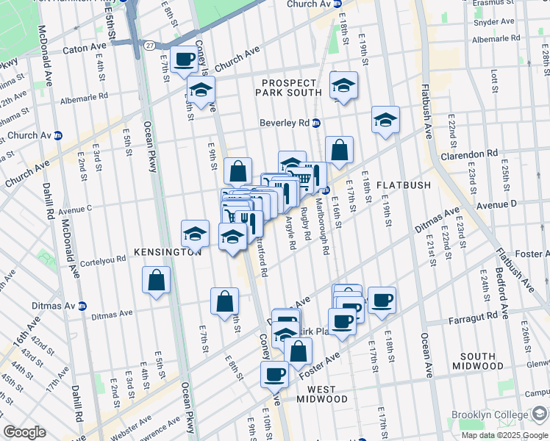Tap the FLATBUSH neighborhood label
pos(403,184)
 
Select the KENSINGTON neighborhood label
pos(168,251)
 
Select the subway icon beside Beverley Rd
pos(315,123)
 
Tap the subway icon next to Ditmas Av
pos(82,306)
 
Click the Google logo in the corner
pos(24,432)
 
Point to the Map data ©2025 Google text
pos(504,435)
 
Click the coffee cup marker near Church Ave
pos(184,58)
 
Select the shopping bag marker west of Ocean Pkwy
pos(157,279)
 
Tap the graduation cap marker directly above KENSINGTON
pos(195,233)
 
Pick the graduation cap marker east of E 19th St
pos(385,119)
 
